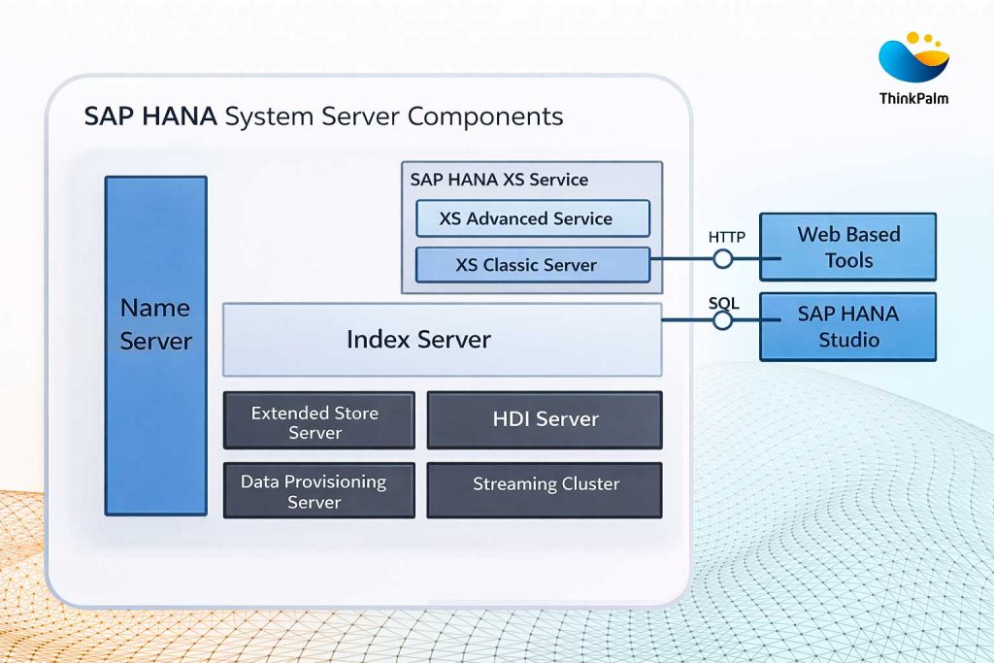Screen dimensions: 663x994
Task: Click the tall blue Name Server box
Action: [155, 345]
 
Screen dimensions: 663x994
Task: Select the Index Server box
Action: [442, 339]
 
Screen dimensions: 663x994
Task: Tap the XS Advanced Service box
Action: [532, 218]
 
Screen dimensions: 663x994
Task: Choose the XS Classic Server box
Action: [532, 264]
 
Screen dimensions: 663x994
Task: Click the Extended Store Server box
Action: [318, 421]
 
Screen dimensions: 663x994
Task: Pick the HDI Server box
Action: [545, 419]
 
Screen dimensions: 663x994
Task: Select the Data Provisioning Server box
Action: [318, 490]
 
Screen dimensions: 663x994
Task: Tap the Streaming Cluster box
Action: [545, 483]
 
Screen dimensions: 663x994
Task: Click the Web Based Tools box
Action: [847, 247]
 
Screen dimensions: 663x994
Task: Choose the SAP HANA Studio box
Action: [847, 326]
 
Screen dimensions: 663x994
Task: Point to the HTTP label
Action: [727, 237]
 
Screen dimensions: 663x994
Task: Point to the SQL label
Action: [723, 304]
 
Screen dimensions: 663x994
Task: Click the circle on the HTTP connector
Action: [723, 259]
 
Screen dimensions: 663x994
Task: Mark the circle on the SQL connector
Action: [723, 319]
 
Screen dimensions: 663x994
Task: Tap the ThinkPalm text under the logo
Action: [913, 98]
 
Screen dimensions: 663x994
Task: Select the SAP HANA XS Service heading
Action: [499, 180]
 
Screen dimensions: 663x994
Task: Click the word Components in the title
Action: [485, 117]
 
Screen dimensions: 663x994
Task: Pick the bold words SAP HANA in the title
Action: [149, 117]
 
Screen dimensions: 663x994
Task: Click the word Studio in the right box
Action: [847, 340]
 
